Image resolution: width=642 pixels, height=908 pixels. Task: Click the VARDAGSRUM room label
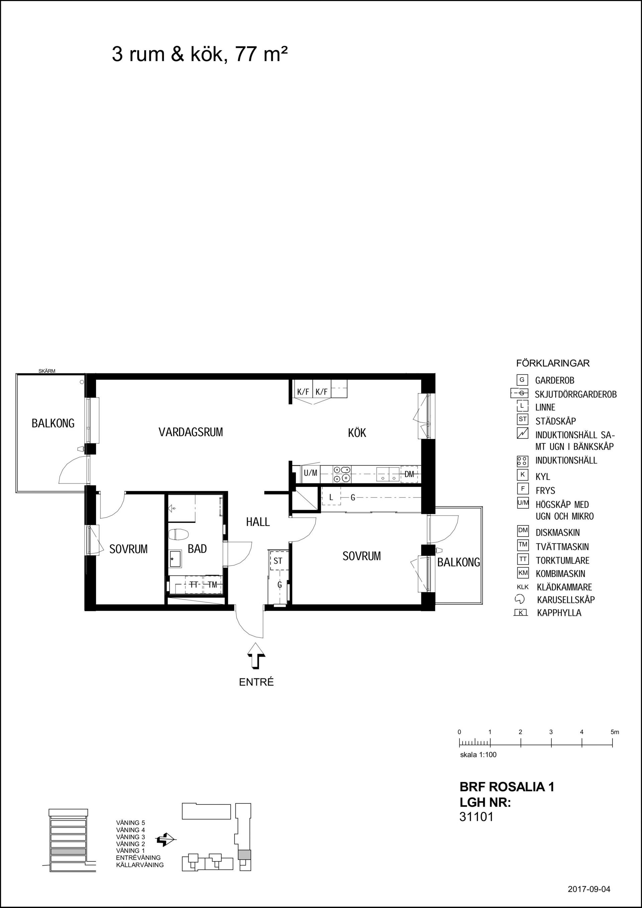click(191, 432)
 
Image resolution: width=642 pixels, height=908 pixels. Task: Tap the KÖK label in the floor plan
click(357, 433)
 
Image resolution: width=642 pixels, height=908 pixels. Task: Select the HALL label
click(258, 522)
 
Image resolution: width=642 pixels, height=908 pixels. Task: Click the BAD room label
click(197, 549)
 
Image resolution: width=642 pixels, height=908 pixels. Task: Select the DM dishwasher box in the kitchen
click(409, 474)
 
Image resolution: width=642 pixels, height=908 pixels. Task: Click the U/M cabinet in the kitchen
click(311, 473)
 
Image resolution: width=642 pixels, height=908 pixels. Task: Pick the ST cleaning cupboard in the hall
click(278, 561)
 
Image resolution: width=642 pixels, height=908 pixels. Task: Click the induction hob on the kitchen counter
click(342, 474)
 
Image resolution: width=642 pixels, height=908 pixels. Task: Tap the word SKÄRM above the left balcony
click(47, 371)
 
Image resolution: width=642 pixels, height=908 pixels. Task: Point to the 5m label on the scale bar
click(614, 732)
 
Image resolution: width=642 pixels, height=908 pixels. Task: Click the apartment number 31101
click(476, 817)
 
